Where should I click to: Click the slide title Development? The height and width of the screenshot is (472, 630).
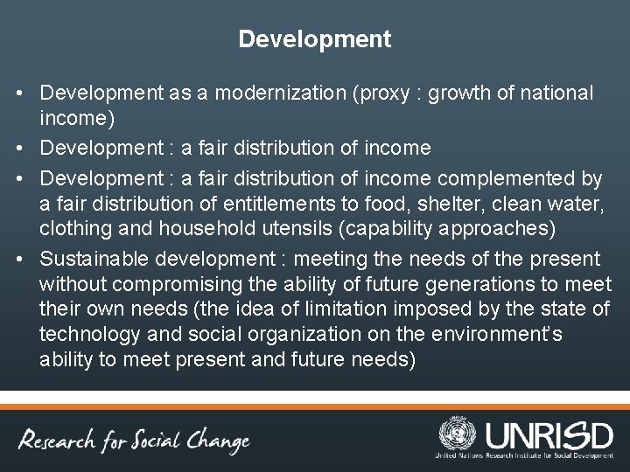point(315,39)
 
